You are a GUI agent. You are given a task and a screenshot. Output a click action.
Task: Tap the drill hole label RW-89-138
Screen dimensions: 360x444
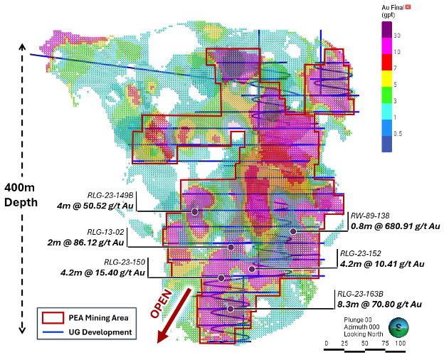[369, 216]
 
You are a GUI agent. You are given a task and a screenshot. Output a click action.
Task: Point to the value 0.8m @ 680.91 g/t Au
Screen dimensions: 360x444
[396, 227]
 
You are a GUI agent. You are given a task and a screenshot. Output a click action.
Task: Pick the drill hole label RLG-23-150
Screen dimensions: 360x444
[125, 261]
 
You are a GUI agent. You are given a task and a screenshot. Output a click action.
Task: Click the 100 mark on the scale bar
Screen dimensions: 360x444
[401, 344]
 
